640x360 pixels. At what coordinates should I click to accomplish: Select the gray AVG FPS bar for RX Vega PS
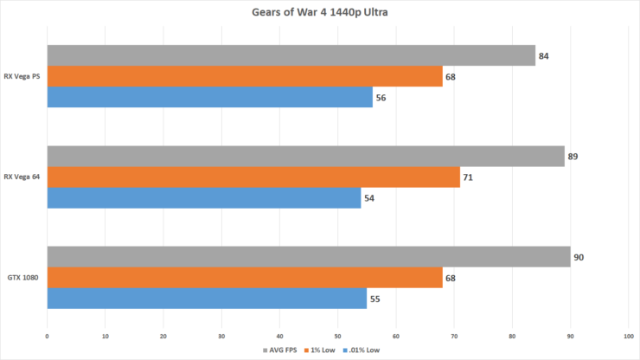pos(291,55)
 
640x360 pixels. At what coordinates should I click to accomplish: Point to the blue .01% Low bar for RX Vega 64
pos(203,198)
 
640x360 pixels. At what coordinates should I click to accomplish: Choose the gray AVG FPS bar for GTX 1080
pos(308,256)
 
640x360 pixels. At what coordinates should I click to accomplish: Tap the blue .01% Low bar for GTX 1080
pos(207,299)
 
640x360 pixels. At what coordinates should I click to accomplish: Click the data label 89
pos(573,157)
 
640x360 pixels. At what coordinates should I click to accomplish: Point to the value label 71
pos(469,177)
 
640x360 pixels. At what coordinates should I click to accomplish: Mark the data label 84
pos(544,56)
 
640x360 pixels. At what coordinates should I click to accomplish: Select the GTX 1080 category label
pos(24,278)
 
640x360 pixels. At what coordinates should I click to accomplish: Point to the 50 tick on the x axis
pos(337,335)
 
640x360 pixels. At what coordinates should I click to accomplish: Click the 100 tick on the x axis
pos(628,335)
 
